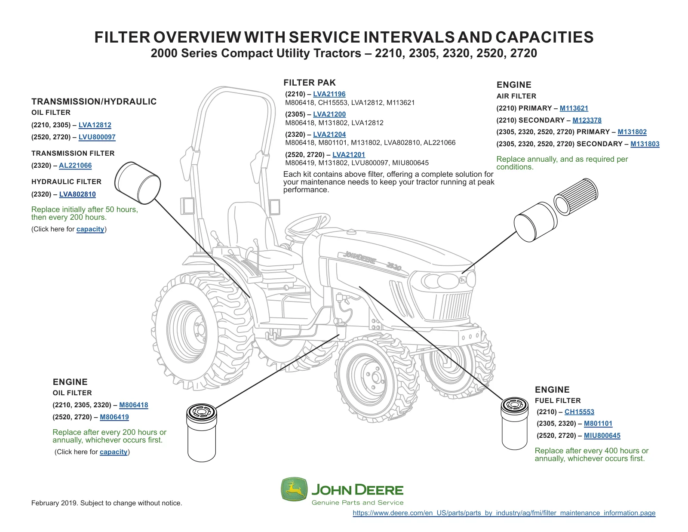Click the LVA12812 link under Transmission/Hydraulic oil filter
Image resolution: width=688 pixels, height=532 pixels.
[x=95, y=125]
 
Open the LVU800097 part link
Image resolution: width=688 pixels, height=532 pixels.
[x=97, y=137]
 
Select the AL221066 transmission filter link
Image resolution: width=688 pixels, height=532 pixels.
[x=75, y=165]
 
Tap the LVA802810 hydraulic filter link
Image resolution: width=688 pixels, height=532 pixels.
[x=77, y=194]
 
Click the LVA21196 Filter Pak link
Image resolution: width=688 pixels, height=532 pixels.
[x=329, y=94]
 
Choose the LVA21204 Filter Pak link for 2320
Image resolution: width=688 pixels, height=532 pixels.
[x=329, y=134]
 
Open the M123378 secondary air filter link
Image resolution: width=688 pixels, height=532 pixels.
[x=587, y=120]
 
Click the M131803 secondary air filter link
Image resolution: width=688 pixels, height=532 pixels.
[x=645, y=144]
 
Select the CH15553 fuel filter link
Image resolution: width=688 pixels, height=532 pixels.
[x=579, y=412]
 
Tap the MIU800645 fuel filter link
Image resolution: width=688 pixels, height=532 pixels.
[x=602, y=436]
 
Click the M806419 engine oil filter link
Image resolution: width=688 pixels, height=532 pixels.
[x=114, y=417]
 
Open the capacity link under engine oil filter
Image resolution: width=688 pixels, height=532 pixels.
[x=114, y=452]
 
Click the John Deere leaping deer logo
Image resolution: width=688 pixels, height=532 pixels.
[x=294, y=489]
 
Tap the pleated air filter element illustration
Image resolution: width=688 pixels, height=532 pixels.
[x=576, y=197]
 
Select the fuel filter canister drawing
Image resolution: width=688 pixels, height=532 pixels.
[x=515, y=423]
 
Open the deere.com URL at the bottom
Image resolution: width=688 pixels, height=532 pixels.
[x=504, y=513]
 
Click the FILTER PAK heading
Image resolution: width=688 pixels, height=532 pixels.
[x=309, y=83]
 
